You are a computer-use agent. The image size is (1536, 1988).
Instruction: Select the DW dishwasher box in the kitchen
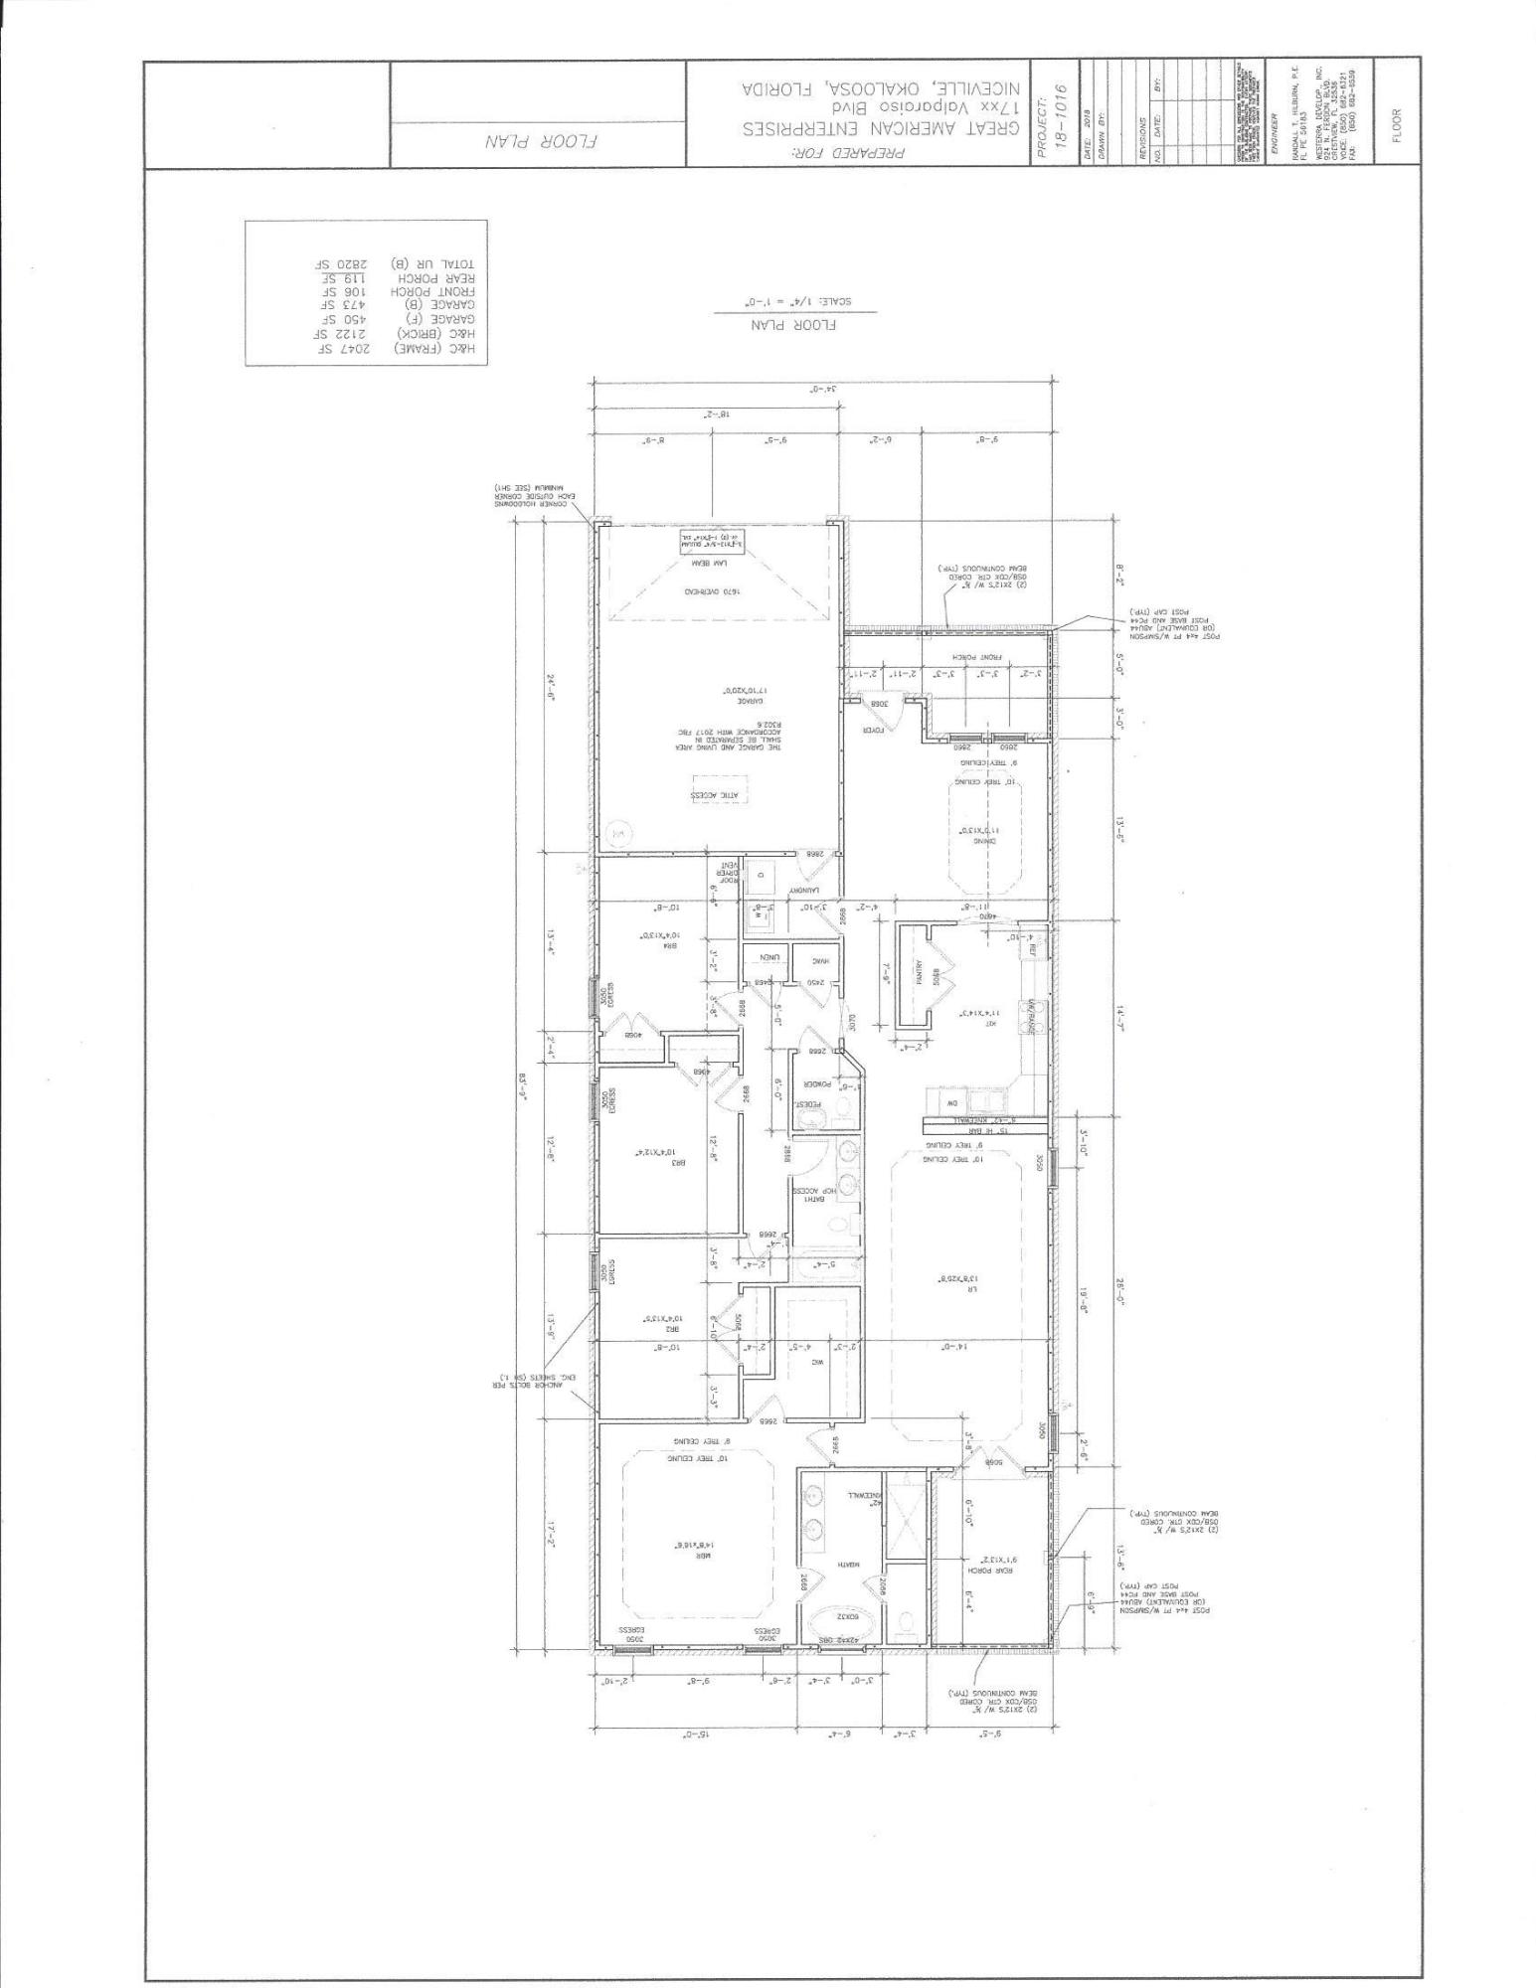point(950,1103)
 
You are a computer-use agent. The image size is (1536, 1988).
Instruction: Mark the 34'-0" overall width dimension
point(823,390)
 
